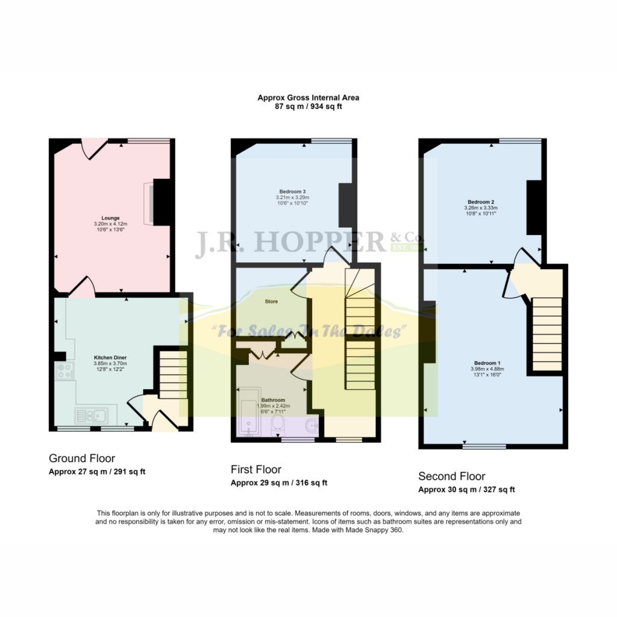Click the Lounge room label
tap(110, 218)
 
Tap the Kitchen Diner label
tap(110, 357)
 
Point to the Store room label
tap(271, 301)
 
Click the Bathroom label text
tap(272, 399)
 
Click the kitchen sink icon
tap(91, 415)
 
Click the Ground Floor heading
tap(82, 459)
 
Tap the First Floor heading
tap(256, 469)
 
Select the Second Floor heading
tap(452, 477)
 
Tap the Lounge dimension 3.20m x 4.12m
tap(110, 224)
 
